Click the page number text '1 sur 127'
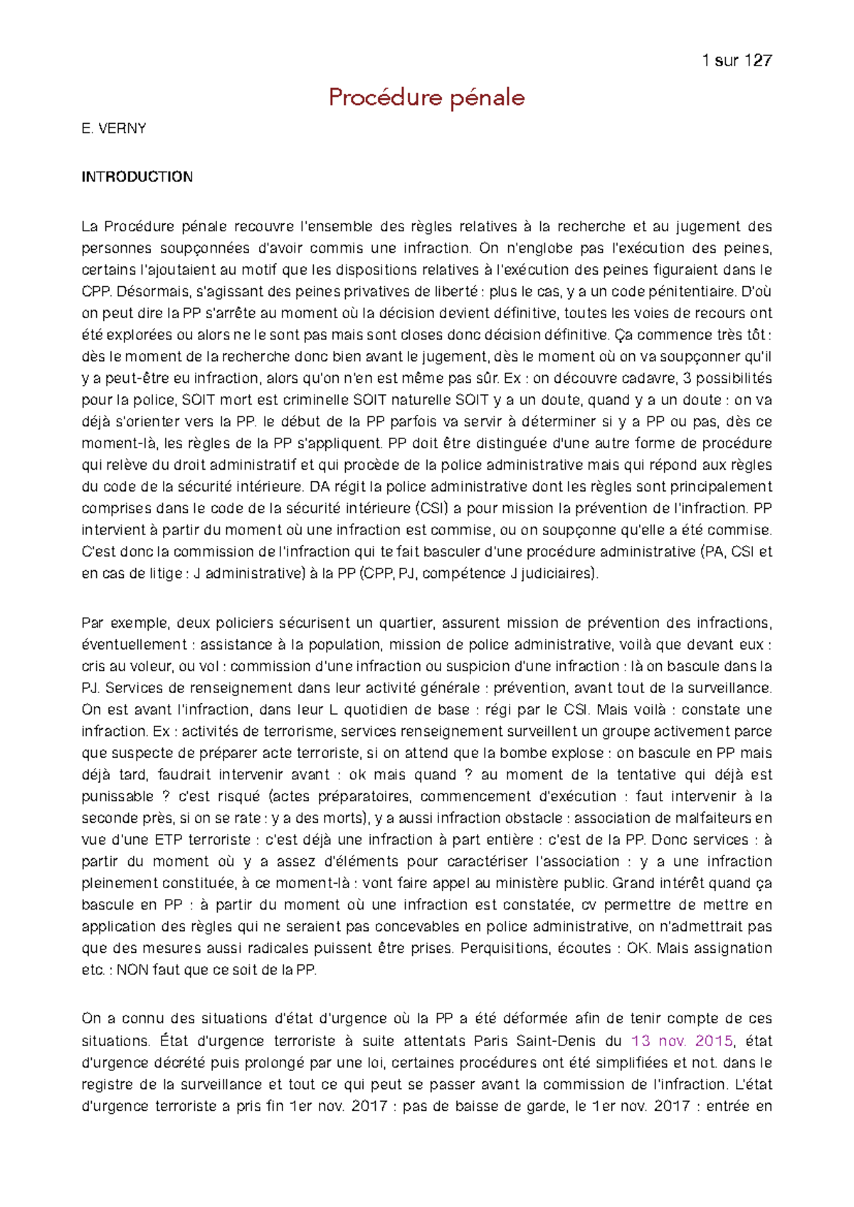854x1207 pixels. coord(737,60)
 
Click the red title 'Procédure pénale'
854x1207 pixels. coord(426,97)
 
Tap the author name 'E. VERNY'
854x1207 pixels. coord(114,129)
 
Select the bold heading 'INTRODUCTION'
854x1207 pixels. coord(137,177)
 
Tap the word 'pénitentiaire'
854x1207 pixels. coord(686,291)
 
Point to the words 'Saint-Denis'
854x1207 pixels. coord(557,1041)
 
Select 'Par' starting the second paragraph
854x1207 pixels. coord(93,623)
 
